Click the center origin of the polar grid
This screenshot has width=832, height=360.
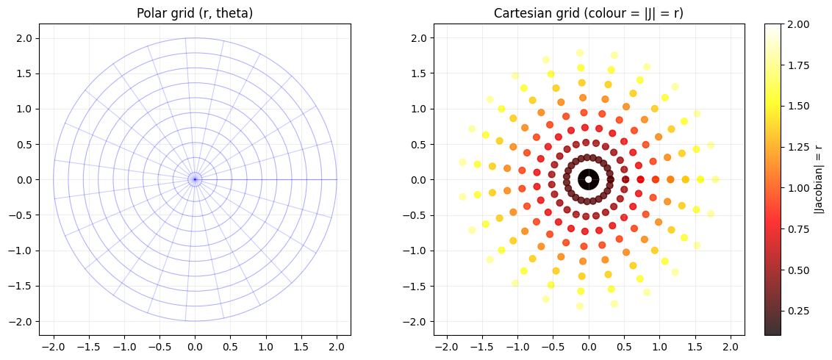[x=194, y=179]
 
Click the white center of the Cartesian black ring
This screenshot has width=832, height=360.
[x=588, y=179]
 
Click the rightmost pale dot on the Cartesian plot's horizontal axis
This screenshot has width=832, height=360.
[x=715, y=179]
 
